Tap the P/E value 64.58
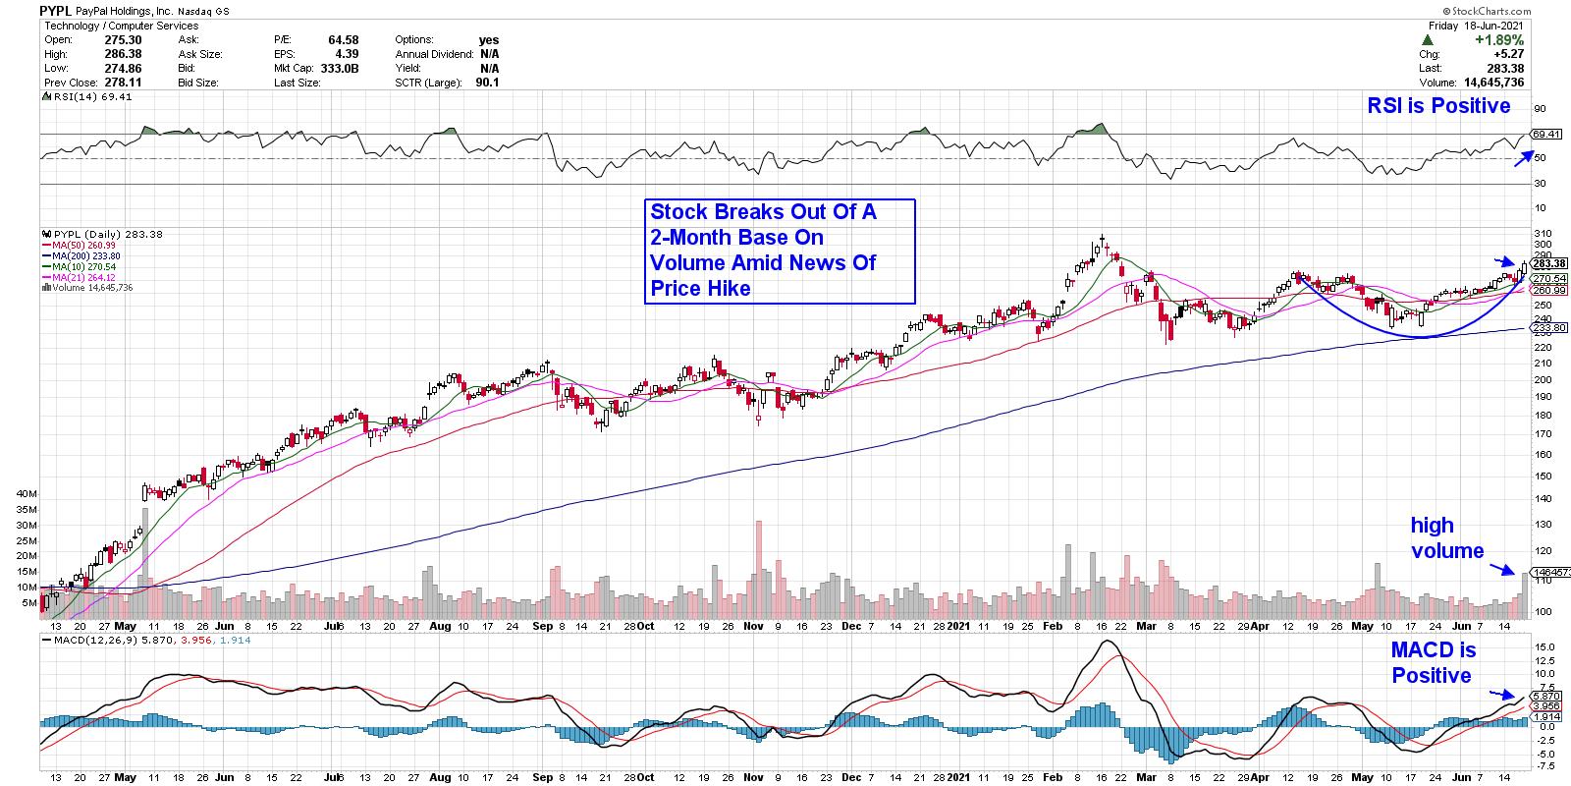[344, 39]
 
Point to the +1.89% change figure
[1490, 39]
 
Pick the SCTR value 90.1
[487, 83]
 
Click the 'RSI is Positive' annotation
[1438, 105]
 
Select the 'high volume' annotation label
[1446, 537]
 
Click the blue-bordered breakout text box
[780, 251]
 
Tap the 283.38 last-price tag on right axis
[1548, 263]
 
